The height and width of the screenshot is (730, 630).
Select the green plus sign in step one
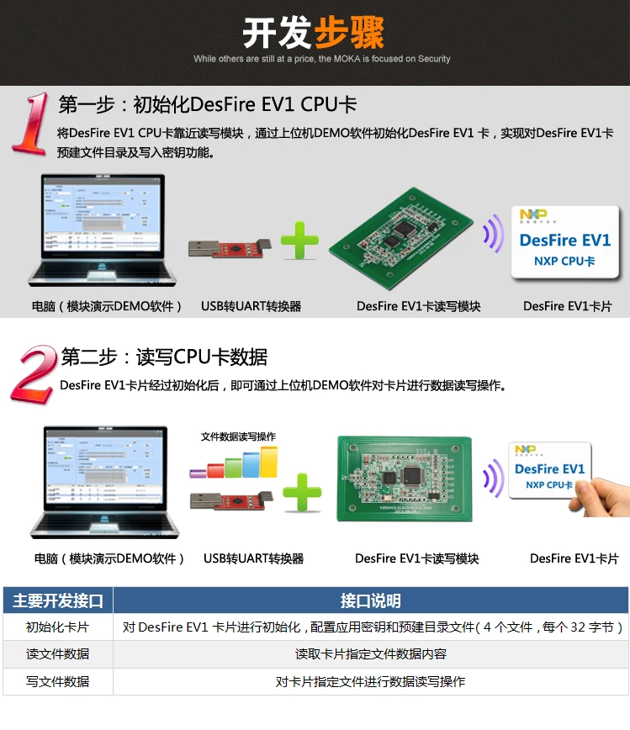(299, 241)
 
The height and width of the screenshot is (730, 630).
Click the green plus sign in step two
(301, 492)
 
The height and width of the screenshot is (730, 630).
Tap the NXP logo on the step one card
(533, 215)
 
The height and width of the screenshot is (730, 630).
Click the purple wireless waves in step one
(491, 235)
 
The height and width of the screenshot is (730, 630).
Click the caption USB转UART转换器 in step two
(253, 558)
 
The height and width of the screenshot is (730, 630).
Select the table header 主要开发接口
(58, 600)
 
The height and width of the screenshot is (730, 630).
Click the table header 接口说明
(370, 600)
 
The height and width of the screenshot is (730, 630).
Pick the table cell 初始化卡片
(58, 627)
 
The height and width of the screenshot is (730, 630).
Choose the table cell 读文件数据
(58, 654)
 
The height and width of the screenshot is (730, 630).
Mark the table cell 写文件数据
(58, 681)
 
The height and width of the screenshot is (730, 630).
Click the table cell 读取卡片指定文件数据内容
(370, 654)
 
